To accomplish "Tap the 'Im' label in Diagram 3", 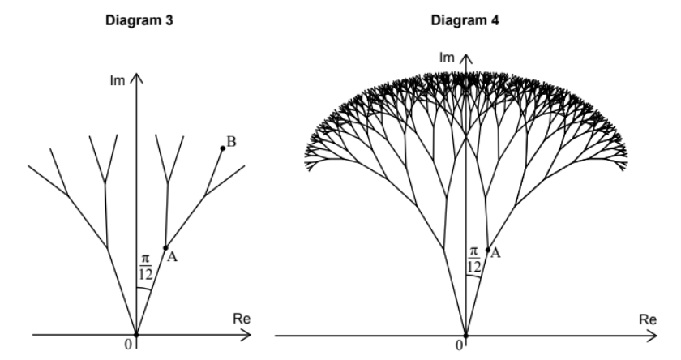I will point(120,80).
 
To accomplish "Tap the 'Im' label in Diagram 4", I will point(447,57).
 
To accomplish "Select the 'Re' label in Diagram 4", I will point(646,318).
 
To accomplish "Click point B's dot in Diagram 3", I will point(222,148).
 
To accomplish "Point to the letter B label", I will point(232,142).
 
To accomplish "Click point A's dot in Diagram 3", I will point(165,248).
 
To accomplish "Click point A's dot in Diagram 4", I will point(487,250).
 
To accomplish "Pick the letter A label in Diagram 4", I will point(496,252).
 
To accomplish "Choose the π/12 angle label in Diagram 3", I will point(145,266).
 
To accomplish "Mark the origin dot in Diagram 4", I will point(466,334).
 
